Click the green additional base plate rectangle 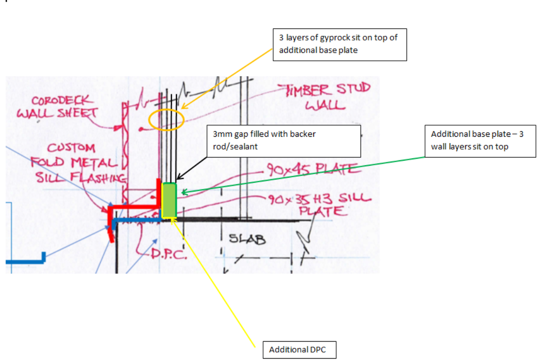[169, 200]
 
